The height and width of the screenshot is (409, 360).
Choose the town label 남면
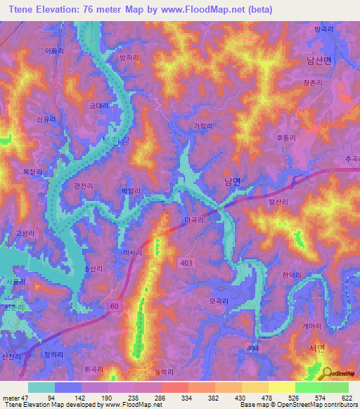tap(232, 181)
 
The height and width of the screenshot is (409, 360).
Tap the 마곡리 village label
tap(193, 220)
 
